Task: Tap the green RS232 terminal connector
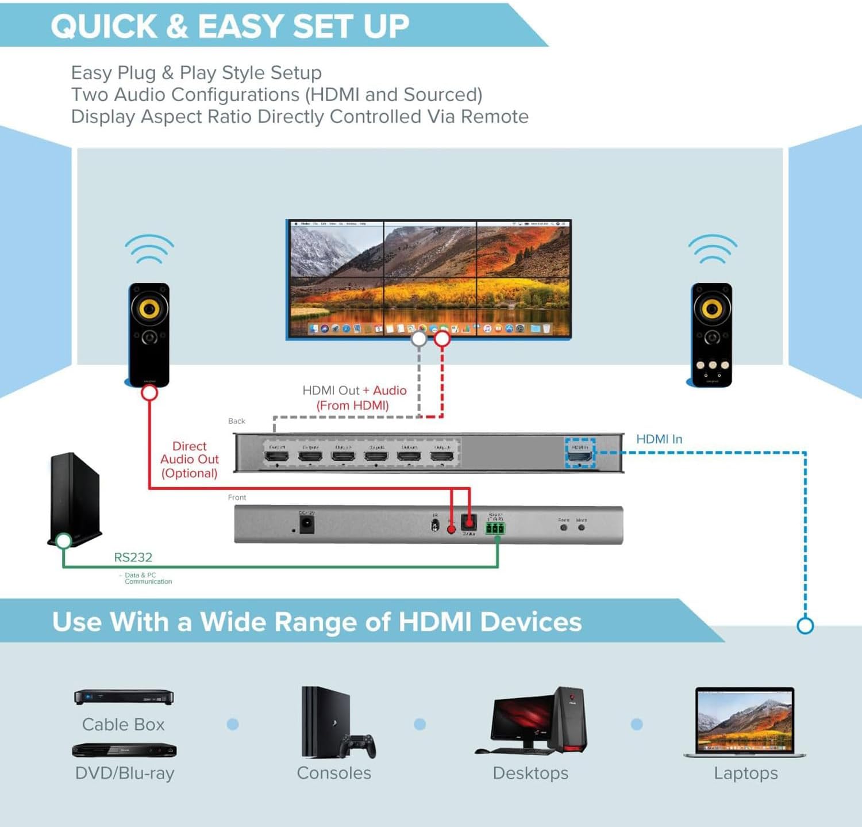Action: click(x=495, y=528)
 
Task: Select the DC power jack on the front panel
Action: click(x=307, y=524)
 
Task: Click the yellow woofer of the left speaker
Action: click(x=149, y=308)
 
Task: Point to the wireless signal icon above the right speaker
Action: click(x=713, y=249)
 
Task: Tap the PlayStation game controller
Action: click(x=357, y=745)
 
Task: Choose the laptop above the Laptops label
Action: click(x=745, y=722)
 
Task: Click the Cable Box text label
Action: click(x=123, y=725)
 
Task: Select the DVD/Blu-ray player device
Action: click(x=124, y=751)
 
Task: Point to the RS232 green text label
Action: click(x=133, y=557)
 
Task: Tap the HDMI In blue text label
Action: click(x=659, y=439)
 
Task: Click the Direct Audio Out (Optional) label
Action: click(x=189, y=460)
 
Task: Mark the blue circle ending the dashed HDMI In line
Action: click(x=805, y=626)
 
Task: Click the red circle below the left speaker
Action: click(x=149, y=393)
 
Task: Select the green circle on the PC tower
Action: click(x=63, y=541)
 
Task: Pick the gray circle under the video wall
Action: click(x=419, y=339)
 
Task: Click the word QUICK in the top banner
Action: click(x=104, y=26)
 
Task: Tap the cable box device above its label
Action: click(x=124, y=697)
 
